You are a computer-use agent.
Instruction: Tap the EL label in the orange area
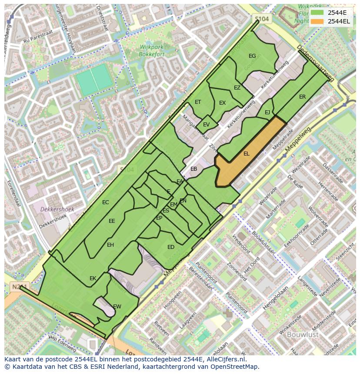pos(247,154)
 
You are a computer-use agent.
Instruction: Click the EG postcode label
pos(252,56)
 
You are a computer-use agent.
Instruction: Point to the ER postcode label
pos(302,97)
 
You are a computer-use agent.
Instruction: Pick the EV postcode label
pos(206,125)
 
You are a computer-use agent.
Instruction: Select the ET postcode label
pos(198,102)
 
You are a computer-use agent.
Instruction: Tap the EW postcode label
pos(117,306)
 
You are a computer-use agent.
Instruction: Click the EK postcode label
pos(93,278)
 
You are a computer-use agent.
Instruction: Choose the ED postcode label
pos(171,247)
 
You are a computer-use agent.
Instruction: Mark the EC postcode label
pos(105,202)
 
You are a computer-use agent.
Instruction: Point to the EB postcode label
pos(194,169)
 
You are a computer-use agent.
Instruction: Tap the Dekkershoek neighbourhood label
pos(57,209)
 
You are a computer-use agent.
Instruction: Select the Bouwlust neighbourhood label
pos(303,334)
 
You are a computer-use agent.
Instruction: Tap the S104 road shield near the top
pos(262,19)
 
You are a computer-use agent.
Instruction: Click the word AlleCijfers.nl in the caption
pos(225,359)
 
